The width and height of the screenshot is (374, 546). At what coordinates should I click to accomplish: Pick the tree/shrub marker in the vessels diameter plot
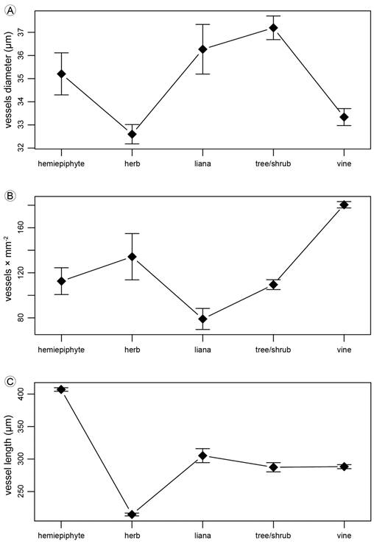[x=273, y=28]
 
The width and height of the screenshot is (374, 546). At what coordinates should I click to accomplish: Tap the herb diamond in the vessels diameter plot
[x=132, y=134]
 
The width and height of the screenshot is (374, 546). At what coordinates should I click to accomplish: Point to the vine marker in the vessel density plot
[x=344, y=205]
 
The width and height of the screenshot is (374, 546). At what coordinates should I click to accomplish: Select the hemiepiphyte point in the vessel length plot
[x=61, y=389]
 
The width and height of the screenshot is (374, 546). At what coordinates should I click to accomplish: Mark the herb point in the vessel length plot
[x=132, y=514]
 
